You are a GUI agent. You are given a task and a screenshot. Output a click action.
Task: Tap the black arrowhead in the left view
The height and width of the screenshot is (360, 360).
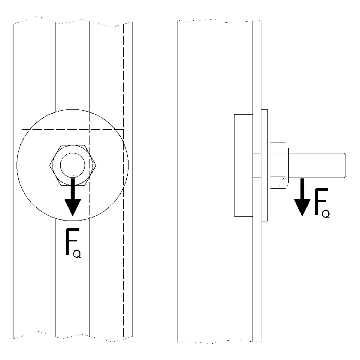coord(73,207)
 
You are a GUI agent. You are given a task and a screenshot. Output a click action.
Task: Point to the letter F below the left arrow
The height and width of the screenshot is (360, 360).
coord(72,241)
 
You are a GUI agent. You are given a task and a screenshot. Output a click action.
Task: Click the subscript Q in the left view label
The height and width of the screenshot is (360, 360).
coord(77,254)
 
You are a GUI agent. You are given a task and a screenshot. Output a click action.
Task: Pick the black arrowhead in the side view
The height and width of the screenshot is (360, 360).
coord(302,207)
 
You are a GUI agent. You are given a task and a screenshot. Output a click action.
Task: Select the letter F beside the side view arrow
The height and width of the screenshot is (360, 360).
coord(321,201)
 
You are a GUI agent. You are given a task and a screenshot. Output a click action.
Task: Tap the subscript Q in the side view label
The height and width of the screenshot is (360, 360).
coord(326,214)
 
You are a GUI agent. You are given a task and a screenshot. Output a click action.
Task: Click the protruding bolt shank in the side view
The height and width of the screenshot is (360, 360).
coord(317,165)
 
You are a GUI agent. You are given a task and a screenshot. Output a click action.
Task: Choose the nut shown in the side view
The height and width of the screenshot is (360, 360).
coord(278,165)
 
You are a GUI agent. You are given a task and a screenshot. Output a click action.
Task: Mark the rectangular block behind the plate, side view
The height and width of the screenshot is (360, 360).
coord(243,165)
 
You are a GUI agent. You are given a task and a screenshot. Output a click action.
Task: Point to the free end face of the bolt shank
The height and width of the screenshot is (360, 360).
coord(345,165)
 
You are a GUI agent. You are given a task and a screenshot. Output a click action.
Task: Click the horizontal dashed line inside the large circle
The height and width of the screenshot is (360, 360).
coord(73,129)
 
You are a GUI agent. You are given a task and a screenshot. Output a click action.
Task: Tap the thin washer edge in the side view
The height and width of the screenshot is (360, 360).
coord(264,165)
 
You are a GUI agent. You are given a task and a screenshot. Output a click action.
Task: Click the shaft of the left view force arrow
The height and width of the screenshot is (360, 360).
coord(73,188)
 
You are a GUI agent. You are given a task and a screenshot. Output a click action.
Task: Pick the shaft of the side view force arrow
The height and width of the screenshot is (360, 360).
coord(302,189)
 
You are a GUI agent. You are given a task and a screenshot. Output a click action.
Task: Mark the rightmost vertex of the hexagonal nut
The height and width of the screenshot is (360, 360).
coord(96,164)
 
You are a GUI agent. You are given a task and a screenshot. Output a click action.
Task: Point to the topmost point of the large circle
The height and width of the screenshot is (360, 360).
coord(73,109)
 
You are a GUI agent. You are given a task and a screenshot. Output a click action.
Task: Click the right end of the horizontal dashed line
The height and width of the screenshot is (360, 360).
coord(124,129)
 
